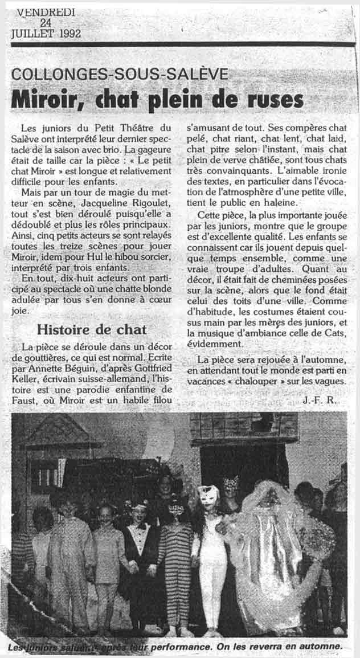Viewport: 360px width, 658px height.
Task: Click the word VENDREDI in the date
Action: [46, 11]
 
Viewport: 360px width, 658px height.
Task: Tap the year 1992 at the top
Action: [67, 33]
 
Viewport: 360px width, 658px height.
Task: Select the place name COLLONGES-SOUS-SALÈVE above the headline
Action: [120, 74]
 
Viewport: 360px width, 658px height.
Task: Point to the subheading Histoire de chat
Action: [92, 329]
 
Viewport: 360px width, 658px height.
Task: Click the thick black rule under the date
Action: [183, 44]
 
